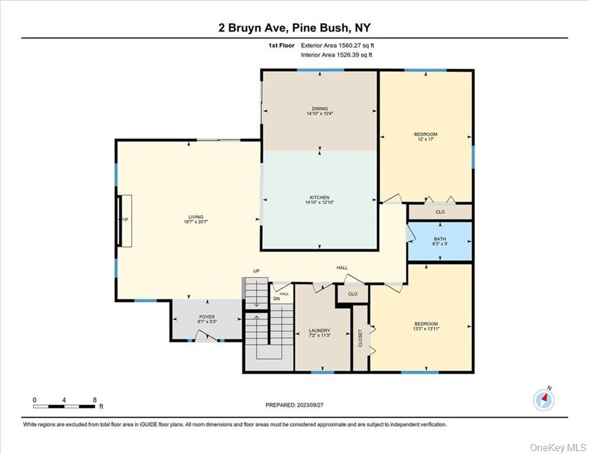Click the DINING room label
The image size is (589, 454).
pos(320,109)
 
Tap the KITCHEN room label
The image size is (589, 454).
pos(320,197)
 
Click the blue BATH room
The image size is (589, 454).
pos(440,241)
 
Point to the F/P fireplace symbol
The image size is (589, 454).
pos(125,220)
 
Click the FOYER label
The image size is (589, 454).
pos(207,317)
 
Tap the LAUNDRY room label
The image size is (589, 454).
pos(319,330)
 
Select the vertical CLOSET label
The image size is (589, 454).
pos(361,338)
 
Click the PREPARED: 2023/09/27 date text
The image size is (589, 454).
pos(294,405)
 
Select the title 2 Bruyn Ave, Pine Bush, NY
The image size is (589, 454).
pos(294,28)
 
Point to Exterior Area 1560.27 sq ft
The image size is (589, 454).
pos(337,45)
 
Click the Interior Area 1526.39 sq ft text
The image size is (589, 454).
pos(337,55)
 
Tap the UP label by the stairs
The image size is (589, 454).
pos(256,271)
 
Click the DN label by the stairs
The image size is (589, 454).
pos(276,299)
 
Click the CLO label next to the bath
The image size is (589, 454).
pos(440,212)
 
